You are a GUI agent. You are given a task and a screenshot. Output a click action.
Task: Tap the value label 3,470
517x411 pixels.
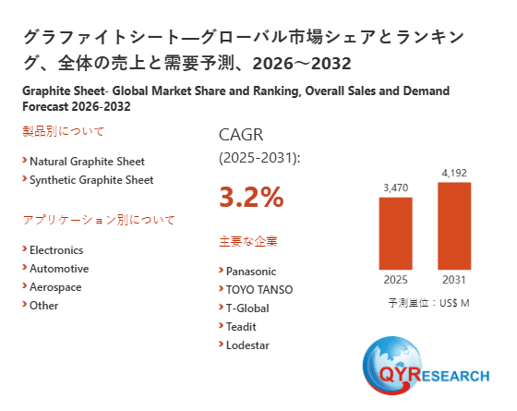(x=395, y=187)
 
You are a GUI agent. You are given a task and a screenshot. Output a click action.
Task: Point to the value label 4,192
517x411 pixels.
(x=453, y=172)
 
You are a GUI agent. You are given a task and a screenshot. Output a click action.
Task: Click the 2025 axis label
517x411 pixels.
(x=395, y=280)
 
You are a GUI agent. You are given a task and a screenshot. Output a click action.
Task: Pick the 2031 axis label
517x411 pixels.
(x=453, y=280)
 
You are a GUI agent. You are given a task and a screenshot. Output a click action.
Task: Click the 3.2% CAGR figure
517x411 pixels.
(x=251, y=197)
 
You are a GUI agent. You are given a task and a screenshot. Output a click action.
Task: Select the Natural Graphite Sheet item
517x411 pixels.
(x=87, y=161)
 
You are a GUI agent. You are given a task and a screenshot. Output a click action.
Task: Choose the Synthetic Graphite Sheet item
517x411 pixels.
(x=91, y=180)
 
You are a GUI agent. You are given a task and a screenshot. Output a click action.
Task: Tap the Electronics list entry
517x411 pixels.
(x=56, y=250)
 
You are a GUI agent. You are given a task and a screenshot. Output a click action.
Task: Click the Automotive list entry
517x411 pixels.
(x=59, y=269)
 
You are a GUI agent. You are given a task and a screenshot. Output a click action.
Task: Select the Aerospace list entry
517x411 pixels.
(x=55, y=287)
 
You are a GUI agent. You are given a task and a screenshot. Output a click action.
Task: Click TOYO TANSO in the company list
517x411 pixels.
(x=259, y=290)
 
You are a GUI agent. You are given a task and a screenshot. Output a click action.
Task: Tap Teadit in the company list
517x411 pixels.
(x=241, y=327)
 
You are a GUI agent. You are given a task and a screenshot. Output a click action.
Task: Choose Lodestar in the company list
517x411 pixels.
(x=248, y=345)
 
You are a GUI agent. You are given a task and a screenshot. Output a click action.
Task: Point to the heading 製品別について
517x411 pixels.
(x=64, y=131)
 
